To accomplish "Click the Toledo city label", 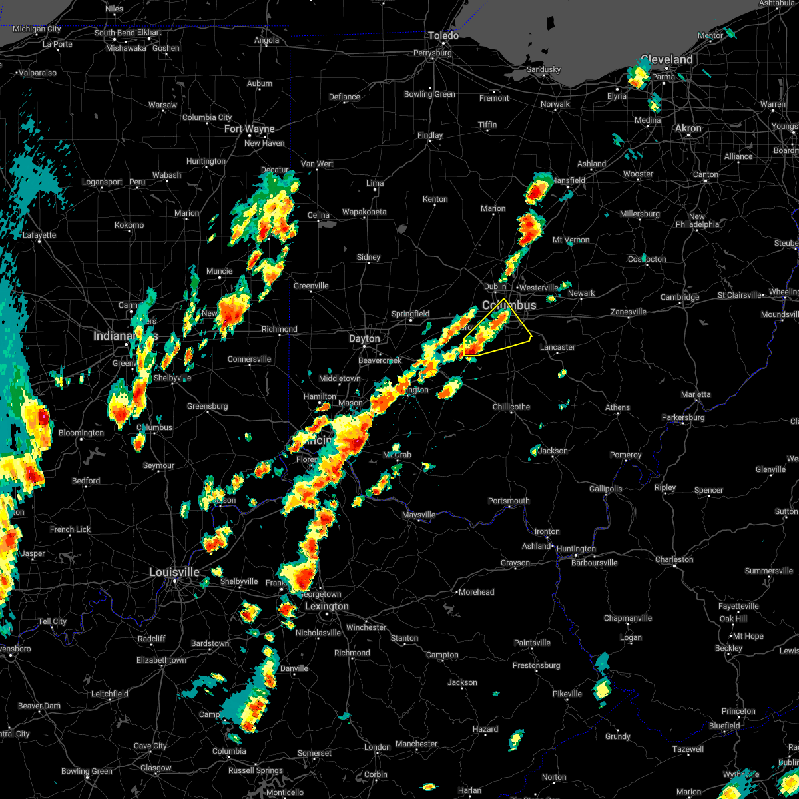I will pyautogui.click(x=444, y=35).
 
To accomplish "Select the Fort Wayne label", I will pyautogui.click(x=250, y=129).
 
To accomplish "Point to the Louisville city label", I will pyautogui.click(x=174, y=572).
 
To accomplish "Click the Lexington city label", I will pyautogui.click(x=326, y=606).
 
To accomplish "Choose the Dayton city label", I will pyautogui.click(x=364, y=338).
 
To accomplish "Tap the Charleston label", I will pyautogui.click(x=674, y=559).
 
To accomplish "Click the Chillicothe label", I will pyautogui.click(x=511, y=407).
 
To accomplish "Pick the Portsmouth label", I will pyautogui.click(x=509, y=501).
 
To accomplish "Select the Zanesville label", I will pyautogui.click(x=629, y=312).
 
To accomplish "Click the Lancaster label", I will pyautogui.click(x=557, y=347).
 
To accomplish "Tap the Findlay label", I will pyautogui.click(x=430, y=135).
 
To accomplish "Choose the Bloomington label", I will pyautogui.click(x=81, y=433).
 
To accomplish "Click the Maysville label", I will pyautogui.click(x=419, y=515).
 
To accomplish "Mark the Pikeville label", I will pyautogui.click(x=567, y=694).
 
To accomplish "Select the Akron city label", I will pyautogui.click(x=688, y=128).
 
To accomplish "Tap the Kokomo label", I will pyautogui.click(x=129, y=225).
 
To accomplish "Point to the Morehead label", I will pyautogui.click(x=476, y=592).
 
